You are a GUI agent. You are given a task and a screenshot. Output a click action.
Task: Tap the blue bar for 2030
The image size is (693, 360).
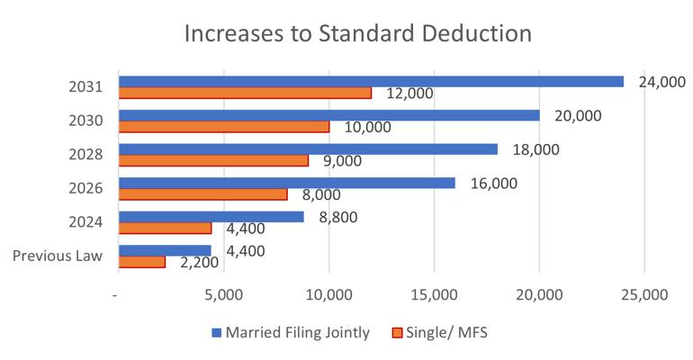click(329, 115)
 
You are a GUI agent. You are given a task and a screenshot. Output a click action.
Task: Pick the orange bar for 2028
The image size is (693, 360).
click(213, 160)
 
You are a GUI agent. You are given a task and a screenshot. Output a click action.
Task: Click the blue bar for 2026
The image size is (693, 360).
click(287, 183)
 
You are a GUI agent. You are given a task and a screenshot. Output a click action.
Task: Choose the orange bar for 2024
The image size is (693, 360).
click(165, 228)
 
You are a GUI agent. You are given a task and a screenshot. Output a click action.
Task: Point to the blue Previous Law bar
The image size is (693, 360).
click(165, 250)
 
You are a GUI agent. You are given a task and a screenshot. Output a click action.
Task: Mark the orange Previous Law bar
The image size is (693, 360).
click(142, 262)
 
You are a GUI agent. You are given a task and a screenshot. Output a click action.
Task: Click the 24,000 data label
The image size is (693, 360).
click(662, 80)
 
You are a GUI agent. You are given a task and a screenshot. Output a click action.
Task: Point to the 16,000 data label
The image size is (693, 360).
click(492, 182)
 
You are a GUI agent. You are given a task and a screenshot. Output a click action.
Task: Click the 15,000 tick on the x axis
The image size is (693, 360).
click(434, 294)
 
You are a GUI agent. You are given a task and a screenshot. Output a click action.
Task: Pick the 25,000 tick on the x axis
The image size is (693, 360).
click(643, 294)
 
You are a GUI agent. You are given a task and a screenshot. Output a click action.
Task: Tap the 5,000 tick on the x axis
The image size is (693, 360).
click(223, 294)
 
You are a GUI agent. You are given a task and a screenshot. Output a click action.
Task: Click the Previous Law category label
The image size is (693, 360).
click(57, 256)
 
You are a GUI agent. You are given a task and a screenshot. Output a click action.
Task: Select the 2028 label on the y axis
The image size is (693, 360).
click(86, 155)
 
